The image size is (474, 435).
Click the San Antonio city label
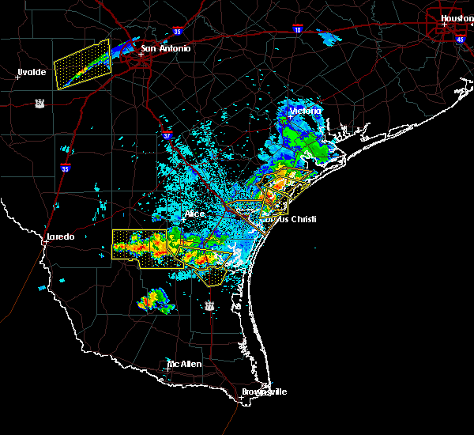(x=166, y=49)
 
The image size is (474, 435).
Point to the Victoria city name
(x=306, y=111)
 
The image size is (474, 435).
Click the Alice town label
(x=194, y=214)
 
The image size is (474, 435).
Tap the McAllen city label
(x=184, y=364)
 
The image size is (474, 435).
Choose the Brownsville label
(x=264, y=391)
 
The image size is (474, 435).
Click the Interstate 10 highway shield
(x=297, y=28)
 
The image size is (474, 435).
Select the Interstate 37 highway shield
(x=167, y=135)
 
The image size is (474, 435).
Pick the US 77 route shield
(x=209, y=304)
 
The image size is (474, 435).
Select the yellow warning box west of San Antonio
(x=82, y=63)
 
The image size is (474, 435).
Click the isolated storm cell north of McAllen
(x=153, y=300)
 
